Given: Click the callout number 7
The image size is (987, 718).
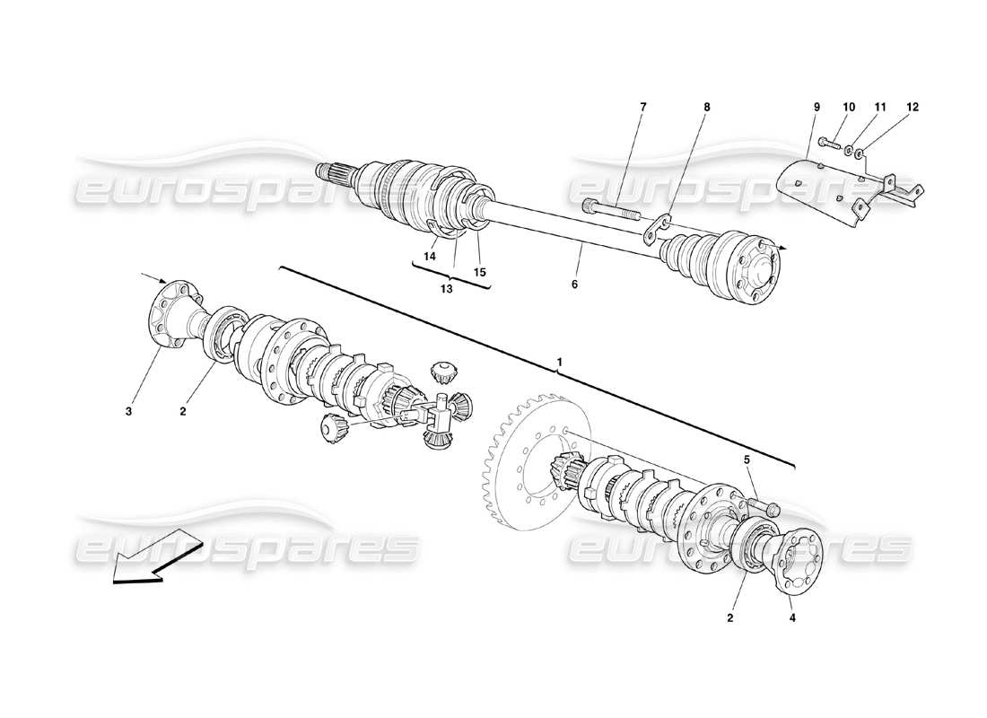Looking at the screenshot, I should [642, 107].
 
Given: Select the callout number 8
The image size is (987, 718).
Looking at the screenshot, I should [706, 107].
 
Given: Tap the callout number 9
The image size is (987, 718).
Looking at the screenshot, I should [817, 107].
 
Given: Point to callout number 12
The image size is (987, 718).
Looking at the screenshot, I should [913, 107].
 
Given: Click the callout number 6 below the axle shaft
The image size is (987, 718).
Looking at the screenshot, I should [574, 284].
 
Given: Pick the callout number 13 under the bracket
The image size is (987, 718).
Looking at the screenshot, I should [446, 289].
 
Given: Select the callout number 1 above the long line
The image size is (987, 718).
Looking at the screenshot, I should [559, 362].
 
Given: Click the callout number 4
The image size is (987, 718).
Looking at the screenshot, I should [792, 617].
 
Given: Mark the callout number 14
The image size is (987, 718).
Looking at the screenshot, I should [430, 257].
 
